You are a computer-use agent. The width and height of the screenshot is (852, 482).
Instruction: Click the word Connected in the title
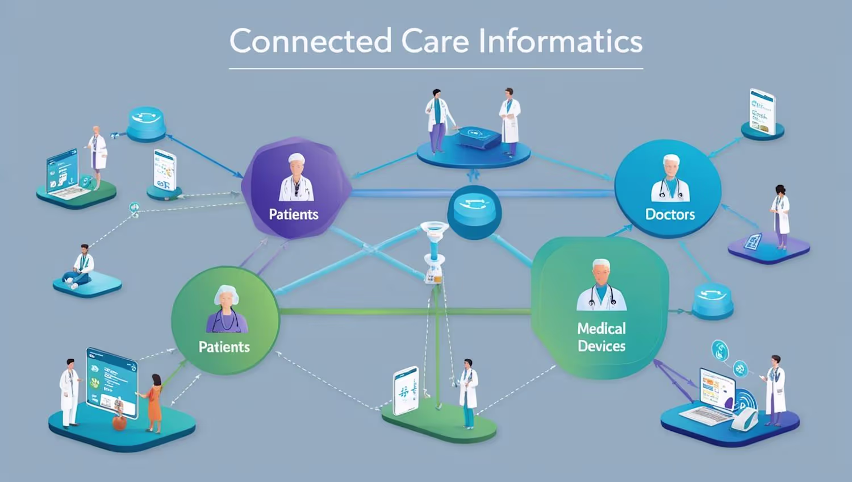point(310,41)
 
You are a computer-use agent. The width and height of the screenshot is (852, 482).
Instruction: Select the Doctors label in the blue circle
point(670,214)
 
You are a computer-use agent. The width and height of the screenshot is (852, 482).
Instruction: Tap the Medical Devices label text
point(602,337)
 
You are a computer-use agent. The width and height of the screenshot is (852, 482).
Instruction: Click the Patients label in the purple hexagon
point(293,214)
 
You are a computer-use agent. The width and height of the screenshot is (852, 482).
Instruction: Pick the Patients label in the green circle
point(224,347)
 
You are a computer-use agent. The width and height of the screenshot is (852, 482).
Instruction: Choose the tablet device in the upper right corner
point(762,111)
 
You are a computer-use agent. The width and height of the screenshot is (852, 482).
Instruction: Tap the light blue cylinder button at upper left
point(146,122)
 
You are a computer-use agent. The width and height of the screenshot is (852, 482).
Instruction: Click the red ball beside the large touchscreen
point(119,423)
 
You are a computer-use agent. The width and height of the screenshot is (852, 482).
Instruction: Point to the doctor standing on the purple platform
point(780,217)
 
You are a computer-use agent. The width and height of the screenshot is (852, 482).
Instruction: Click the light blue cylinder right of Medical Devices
point(712,300)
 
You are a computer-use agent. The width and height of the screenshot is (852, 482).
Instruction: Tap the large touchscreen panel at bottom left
point(111,383)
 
